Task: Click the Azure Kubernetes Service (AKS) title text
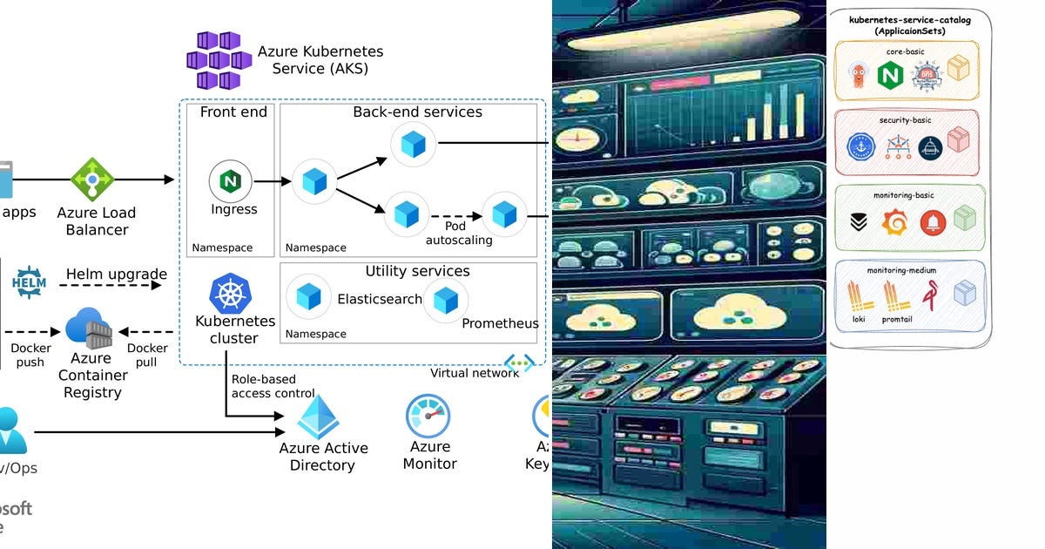point(320,60)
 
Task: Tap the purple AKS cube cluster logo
point(213,60)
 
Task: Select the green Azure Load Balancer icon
point(92,180)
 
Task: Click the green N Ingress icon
point(231,181)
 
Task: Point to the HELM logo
point(29,282)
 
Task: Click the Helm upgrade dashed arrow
point(116,285)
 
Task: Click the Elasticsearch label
point(380,299)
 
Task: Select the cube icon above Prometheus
point(446,300)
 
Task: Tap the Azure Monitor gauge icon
point(428,417)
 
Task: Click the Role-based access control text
point(263,386)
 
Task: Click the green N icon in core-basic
point(890,76)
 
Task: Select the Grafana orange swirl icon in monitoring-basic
point(893,222)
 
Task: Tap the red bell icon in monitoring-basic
point(931,222)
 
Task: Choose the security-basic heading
point(910,119)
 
